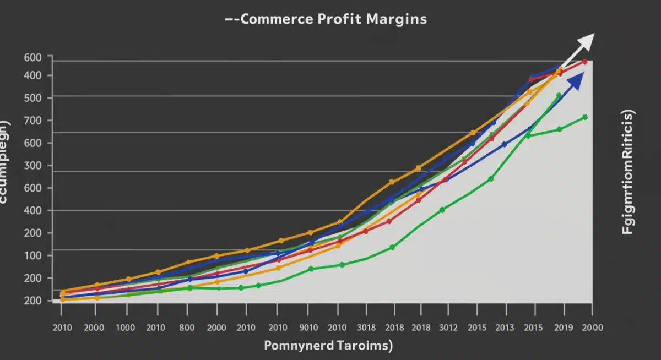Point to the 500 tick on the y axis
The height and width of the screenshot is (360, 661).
(x=34, y=98)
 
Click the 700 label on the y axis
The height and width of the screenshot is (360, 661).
(x=34, y=121)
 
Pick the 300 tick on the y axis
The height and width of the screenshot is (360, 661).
(x=34, y=166)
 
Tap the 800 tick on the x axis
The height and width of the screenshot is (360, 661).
(x=187, y=328)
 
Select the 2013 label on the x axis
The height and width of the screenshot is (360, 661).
(x=505, y=328)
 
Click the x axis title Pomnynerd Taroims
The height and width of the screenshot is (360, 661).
(x=328, y=346)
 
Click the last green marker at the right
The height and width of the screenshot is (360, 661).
(x=584, y=117)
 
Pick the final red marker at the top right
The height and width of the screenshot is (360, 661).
(x=584, y=62)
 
